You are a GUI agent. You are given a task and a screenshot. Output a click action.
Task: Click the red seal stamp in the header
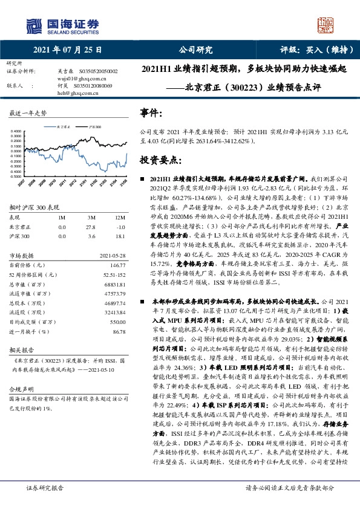click(327, 25)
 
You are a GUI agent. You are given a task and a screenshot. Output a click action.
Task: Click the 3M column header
click(91, 216)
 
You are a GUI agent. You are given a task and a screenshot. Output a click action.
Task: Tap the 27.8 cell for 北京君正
click(91, 225)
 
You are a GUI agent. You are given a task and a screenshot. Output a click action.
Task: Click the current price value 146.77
click(117, 265)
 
